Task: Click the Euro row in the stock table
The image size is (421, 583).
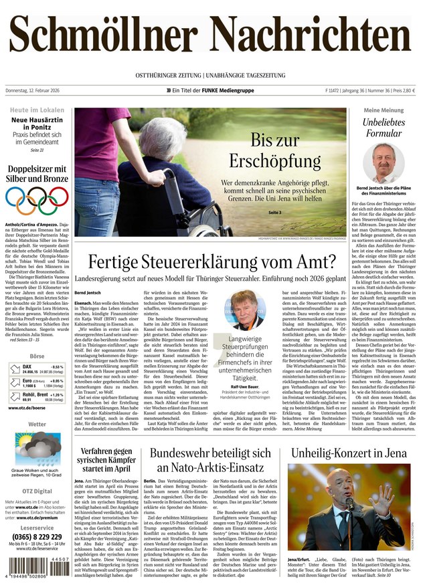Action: [x=37, y=382]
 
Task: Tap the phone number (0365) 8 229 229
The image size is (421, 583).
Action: [x=37, y=537]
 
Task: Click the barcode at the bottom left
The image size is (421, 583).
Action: [x=37, y=566]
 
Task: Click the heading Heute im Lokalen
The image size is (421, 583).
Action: [x=37, y=109]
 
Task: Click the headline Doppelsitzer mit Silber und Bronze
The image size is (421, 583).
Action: [x=37, y=174]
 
